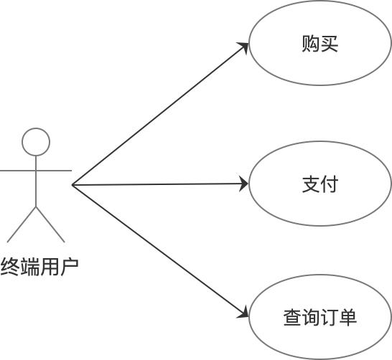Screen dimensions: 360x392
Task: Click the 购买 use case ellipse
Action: pyautogui.click(x=319, y=44)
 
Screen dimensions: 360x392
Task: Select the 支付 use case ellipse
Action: pyautogui.click(x=319, y=184)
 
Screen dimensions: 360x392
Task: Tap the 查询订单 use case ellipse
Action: pyautogui.click(x=319, y=316)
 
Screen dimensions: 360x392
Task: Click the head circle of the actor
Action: pyautogui.click(x=36, y=141)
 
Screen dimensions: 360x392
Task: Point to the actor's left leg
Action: pyautogui.click(x=22, y=224)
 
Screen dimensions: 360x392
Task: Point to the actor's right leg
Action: pyautogui.click(x=50, y=224)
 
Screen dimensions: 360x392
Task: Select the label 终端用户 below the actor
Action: pyautogui.click(x=39, y=267)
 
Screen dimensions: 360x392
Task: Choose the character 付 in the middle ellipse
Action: pyautogui.click(x=329, y=184)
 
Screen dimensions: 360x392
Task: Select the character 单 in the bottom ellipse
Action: pyautogui.click(x=348, y=316)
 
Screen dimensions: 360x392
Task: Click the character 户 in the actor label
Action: pyautogui.click(x=69, y=267)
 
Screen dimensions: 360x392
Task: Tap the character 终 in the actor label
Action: pyautogui.click(x=10, y=267)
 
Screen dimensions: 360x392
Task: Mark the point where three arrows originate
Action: pyautogui.click(x=73, y=185)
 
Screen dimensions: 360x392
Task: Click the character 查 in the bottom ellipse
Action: pyautogui.click(x=291, y=316)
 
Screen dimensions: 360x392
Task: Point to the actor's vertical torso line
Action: pyautogui.click(x=36, y=183)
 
